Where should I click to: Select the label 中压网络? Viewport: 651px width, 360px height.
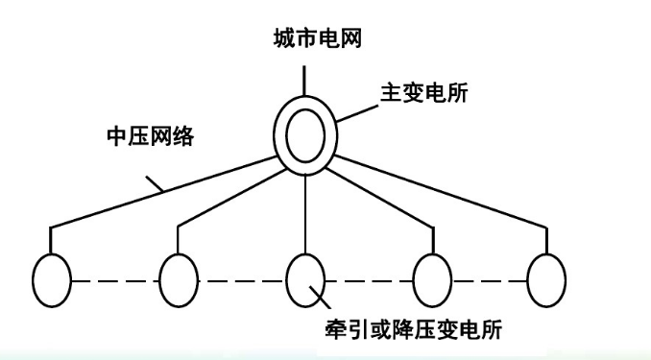[x=150, y=136]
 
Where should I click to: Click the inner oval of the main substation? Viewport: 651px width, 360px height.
[x=305, y=137]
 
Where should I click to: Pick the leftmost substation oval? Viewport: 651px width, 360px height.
[x=52, y=279]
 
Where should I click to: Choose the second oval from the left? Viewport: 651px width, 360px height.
[x=179, y=279]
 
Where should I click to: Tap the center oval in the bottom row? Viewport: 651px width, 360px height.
[x=305, y=279]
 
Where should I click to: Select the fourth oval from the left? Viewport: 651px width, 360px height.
[x=431, y=279]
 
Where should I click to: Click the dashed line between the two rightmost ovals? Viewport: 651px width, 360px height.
[x=489, y=280]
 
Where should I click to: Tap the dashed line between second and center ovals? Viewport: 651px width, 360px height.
[x=242, y=280]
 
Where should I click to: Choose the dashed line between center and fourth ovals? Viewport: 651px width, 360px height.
[x=368, y=280]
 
